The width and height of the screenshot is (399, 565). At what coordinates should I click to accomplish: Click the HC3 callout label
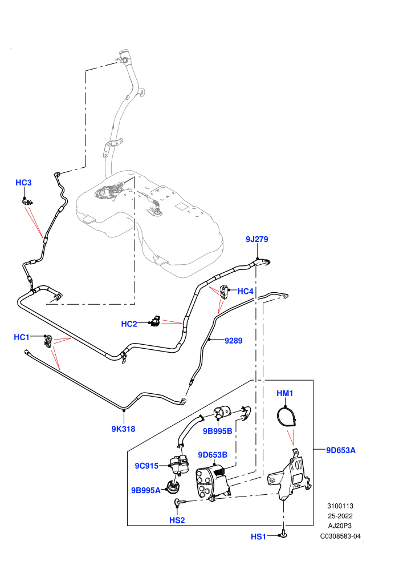[x=23, y=183]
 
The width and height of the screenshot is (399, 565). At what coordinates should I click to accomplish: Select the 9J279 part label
[x=257, y=239]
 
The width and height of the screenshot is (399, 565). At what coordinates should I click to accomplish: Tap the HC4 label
[x=245, y=291]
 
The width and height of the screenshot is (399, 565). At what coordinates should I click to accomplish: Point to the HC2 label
[x=129, y=324]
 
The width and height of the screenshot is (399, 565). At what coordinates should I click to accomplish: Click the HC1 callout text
[x=22, y=337]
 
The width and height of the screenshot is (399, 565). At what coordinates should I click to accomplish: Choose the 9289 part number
[x=234, y=341]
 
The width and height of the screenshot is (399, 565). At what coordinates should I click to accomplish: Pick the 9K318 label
[x=124, y=429]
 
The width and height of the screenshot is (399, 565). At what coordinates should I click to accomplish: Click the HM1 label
[x=284, y=393]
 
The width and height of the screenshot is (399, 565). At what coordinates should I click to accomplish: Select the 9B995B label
[x=217, y=431]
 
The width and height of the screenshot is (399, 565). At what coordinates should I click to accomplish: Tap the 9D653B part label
[x=213, y=455]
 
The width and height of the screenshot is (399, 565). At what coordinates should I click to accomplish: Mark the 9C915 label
[x=146, y=466]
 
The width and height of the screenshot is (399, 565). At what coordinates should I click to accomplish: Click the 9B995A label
[x=146, y=490]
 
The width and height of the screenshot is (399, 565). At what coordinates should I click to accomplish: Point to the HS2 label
[x=177, y=520]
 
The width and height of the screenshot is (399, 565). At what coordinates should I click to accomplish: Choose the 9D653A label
[x=341, y=450]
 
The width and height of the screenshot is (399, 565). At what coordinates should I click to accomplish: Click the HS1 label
[x=258, y=536]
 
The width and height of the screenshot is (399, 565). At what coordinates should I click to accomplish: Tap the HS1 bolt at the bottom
[x=283, y=534]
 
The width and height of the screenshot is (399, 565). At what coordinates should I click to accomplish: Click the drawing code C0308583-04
[x=340, y=536]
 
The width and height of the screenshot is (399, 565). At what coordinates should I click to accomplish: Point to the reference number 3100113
[x=340, y=506]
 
